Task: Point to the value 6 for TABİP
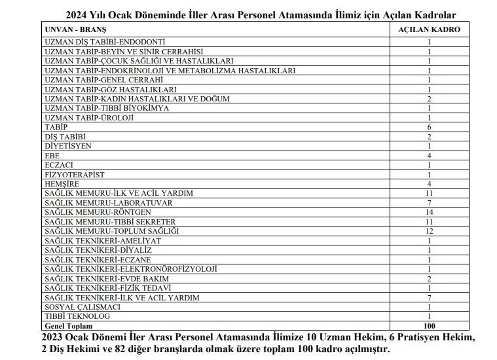429,126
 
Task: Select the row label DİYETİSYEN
67,145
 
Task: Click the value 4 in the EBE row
429,155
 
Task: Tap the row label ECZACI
59,165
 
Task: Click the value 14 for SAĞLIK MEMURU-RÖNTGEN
429,212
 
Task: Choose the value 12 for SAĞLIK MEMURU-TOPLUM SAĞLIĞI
429,231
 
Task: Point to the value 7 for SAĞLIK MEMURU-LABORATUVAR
429,203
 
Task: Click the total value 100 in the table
429,325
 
